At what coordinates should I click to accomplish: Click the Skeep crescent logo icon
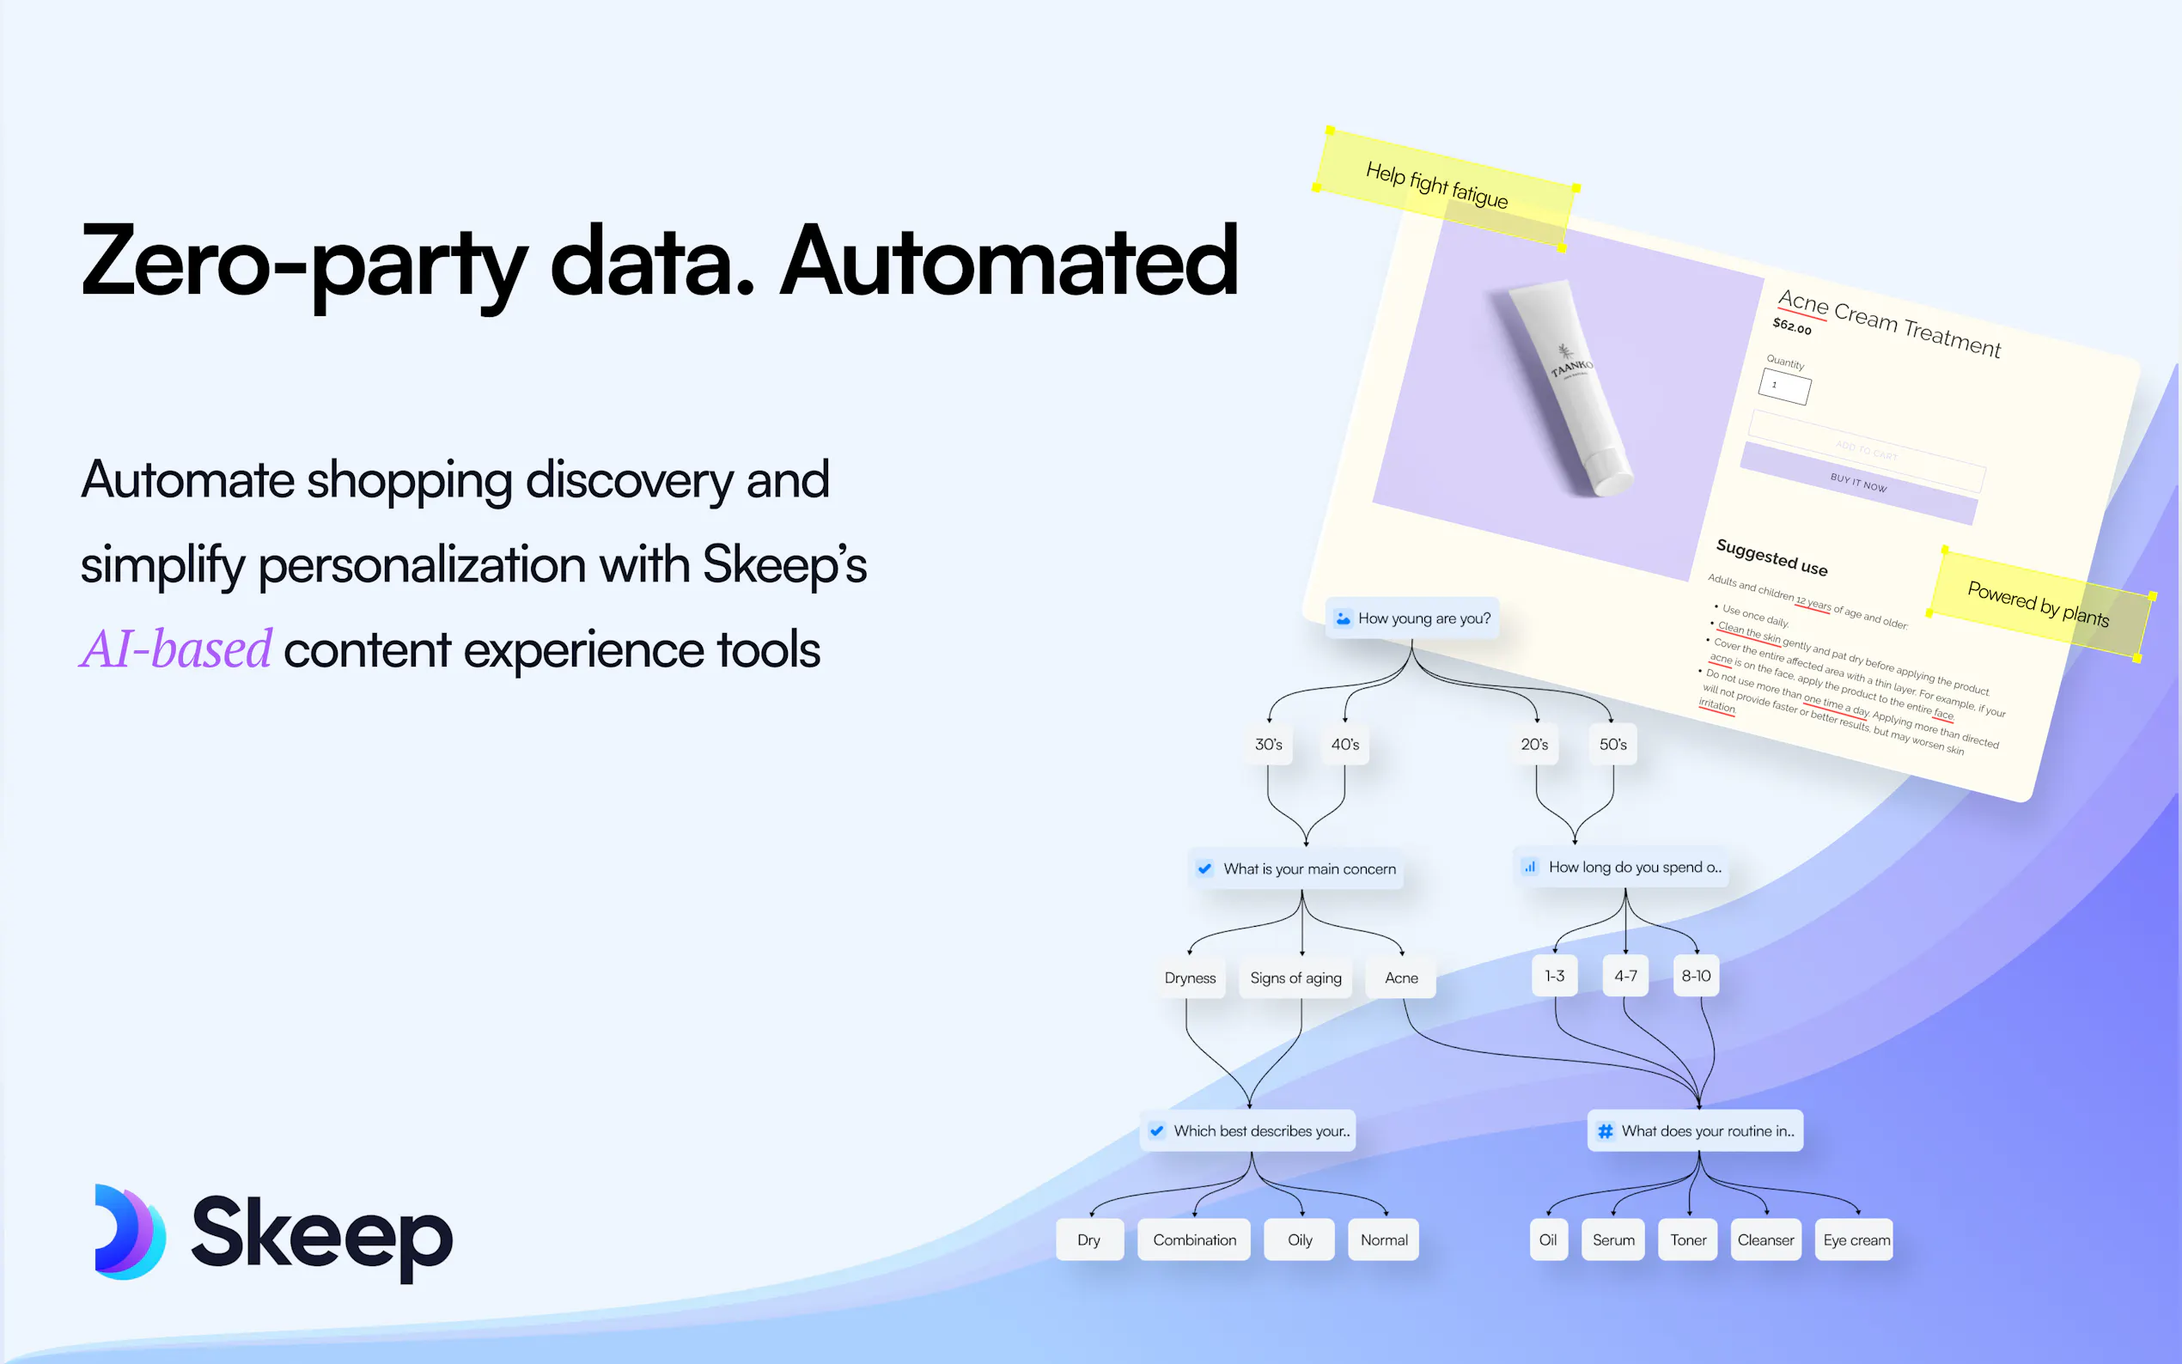point(130,1232)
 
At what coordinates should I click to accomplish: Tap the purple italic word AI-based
point(176,649)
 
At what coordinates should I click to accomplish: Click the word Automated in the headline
point(1009,262)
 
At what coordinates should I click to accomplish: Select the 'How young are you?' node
point(1411,618)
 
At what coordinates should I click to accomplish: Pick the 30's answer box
point(1268,744)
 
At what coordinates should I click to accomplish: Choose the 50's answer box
point(1612,744)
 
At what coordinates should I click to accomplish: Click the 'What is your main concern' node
point(1296,868)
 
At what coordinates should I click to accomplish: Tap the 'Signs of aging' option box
point(1295,977)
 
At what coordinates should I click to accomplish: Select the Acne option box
point(1401,977)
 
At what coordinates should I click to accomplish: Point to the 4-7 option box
point(1625,976)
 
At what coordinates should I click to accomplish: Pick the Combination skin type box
point(1194,1240)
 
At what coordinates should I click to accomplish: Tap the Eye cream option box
point(1856,1240)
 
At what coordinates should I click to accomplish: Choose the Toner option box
point(1688,1240)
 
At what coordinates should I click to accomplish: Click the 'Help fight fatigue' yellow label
point(1443,187)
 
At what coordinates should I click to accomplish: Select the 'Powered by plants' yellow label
point(2039,605)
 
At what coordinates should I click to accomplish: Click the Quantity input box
point(1784,387)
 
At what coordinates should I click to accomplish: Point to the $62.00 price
point(1792,326)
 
